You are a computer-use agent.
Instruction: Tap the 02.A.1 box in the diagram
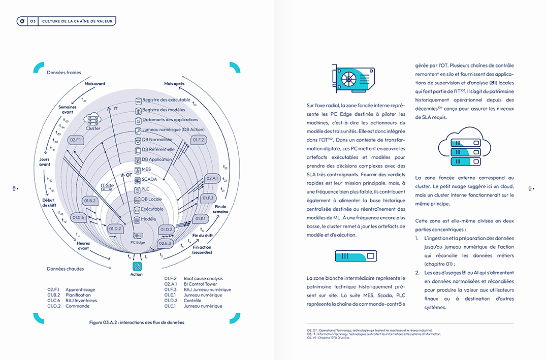coord(212,178)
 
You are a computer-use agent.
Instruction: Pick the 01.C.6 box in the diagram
coord(78,217)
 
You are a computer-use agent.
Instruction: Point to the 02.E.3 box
coord(165,243)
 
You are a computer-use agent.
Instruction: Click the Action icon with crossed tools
coord(137,266)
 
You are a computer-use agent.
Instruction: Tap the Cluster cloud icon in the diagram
coord(93,120)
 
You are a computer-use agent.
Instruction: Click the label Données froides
coord(64,73)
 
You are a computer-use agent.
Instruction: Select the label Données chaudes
coord(66,269)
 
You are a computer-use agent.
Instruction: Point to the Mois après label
coord(174,83)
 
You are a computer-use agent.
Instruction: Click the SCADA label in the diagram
coord(149,179)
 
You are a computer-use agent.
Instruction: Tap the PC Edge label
coord(138,242)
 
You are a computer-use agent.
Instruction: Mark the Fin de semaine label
coord(221,209)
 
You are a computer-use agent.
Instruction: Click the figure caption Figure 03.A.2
coord(137,322)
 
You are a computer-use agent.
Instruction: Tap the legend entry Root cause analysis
coord(203,279)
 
